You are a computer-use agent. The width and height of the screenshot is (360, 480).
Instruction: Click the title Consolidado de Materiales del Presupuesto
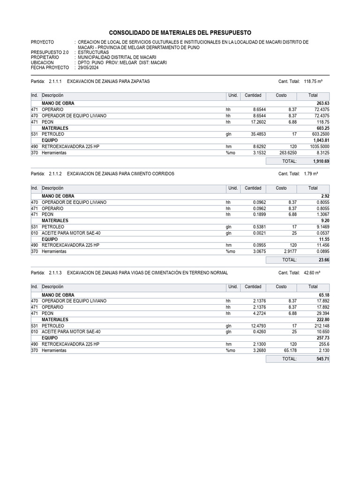click(x=180, y=32)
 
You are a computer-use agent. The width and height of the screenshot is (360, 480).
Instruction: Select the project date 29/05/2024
click(x=90, y=67)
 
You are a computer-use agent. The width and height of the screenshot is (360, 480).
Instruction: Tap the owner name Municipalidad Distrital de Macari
click(x=117, y=58)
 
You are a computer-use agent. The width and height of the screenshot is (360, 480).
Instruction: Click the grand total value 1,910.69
click(x=321, y=161)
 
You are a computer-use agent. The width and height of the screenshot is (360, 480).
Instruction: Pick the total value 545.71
click(x=322, y=359)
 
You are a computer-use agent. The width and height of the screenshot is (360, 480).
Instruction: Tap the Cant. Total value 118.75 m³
click(x=316, y=82)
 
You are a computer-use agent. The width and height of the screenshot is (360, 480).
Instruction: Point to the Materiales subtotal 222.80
click(x=322, y=320)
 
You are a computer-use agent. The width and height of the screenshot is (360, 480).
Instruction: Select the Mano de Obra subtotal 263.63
click(x=322, y=103)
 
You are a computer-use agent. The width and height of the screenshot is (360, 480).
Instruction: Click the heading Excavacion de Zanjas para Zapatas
click(x=108, y=82)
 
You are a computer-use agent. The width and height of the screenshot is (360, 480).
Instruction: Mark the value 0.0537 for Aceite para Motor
click(x=321, y=233)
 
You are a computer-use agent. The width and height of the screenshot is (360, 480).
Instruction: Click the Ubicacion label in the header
click(x=42, y=62)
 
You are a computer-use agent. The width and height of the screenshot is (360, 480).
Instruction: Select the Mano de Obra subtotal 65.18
click(x=323, y=295)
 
